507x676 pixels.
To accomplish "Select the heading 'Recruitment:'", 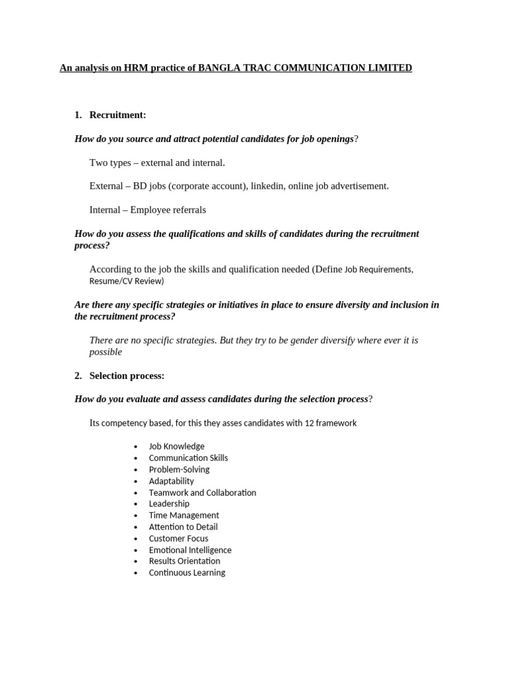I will pos(118,115).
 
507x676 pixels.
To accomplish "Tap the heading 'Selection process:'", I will pos(127,376).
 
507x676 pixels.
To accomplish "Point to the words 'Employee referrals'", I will pos(168,210).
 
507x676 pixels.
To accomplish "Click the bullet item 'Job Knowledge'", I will pos(176,446).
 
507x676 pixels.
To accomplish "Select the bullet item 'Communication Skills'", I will pos(188,457).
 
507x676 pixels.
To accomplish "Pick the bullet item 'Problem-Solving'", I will pos(179,469).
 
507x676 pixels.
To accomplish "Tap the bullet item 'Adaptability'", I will pos(171,481).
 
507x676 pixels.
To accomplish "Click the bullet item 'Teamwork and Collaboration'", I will pos(202,492).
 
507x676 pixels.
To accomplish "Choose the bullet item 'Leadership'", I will pos(169,504).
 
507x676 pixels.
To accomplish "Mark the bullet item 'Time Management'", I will pos(184,515).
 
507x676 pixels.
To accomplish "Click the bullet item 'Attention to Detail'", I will pos(183,527).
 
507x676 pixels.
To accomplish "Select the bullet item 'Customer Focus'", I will pos(178,538).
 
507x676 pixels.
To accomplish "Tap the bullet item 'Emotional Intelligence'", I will pos(190,550).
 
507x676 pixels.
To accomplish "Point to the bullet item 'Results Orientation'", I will pos(184,561).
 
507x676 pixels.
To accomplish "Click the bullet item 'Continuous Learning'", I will pos(187,572).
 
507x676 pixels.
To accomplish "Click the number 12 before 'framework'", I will pos(309,423).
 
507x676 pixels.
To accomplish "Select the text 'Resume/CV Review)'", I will pos(126,281).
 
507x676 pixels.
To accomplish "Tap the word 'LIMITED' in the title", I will pos(389,68).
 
